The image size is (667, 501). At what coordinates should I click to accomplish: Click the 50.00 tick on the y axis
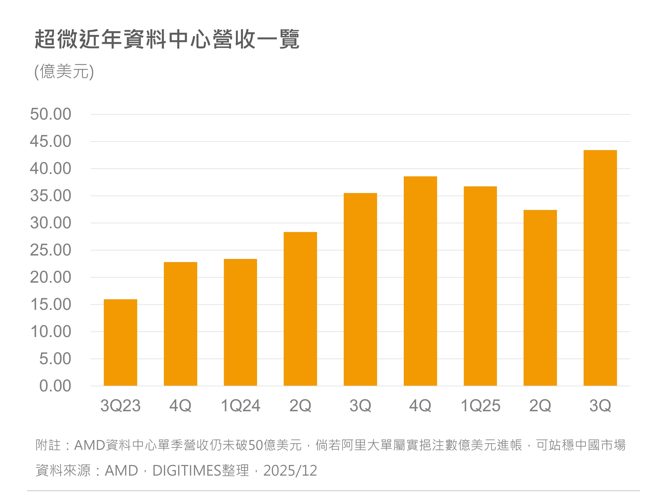click(51, 114)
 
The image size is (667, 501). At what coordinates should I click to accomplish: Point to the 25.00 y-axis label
click(51, 250)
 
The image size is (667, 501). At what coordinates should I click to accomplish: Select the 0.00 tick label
click(55, 386)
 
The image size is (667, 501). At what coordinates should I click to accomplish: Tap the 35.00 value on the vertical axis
click(51, 196)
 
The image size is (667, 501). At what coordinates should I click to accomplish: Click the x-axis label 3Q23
click(120, 405)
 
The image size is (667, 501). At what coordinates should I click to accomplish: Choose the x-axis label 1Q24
click(240, 405)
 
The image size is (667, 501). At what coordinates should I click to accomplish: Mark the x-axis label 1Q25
click(480, 405)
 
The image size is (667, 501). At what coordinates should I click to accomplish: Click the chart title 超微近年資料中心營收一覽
click(167, 39)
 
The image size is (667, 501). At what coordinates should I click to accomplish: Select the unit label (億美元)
click(64, 71)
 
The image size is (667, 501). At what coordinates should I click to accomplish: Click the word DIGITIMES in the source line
click(187, 470)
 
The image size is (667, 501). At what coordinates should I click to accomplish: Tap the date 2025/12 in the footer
click(290, 470)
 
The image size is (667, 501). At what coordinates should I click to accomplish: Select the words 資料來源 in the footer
click(63, 470)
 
